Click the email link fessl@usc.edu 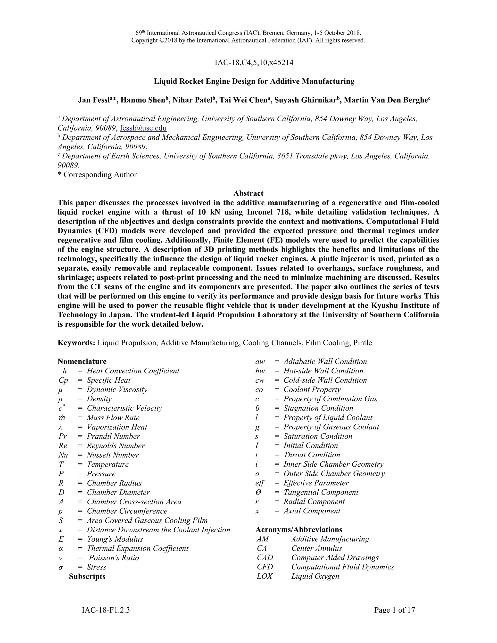point(143,128)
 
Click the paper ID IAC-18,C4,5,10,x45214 point(254,62)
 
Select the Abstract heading point(248,193)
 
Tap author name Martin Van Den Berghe point(385,100)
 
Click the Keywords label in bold point(76,343)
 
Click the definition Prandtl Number point(113,436)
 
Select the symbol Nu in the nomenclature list point(63,455)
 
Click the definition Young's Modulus point(115,539)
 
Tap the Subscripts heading point(87,577)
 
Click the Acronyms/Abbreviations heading point(298,530)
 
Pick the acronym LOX point(265,576)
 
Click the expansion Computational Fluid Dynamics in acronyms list point(342,567)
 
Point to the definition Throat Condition point(312,455)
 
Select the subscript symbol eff point(259,483)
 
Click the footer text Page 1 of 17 point(394,610)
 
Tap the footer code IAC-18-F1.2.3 point(106,610)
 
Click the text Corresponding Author point(100,175)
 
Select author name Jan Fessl point(94,100)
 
